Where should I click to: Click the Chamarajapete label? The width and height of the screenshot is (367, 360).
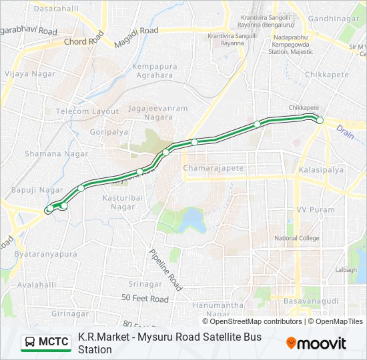tap(214, 168)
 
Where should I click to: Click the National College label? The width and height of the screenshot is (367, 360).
tap(297, 238)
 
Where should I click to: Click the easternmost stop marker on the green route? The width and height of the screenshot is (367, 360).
tap(320, 120)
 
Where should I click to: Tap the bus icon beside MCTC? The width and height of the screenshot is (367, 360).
tap(30, 343)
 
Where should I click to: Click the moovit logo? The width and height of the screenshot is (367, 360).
tap(316, 343)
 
